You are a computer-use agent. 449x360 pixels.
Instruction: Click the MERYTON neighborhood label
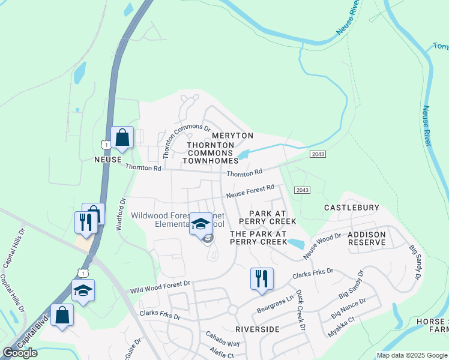click(x=233, y=136)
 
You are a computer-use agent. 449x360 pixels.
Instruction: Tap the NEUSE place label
click(x=109, y=160)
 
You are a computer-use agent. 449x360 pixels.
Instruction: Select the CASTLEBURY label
click(x=352, y=208)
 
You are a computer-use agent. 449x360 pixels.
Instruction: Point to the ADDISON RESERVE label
click(x=367, y=238)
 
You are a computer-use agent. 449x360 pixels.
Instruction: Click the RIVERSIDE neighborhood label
click(x=258, y=329)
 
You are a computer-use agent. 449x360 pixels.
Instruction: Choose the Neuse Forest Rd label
click(x=250, y=191)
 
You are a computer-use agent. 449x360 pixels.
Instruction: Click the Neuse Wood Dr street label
click(x=322, y=247)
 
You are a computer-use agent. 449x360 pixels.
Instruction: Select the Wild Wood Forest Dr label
click(x=160, y=286)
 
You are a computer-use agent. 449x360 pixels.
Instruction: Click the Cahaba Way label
click(x=223, y=339)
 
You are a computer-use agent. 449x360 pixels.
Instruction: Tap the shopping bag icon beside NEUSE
click(x=122, y=137)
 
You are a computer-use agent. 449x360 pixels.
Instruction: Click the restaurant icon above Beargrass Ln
click(x=262, y=278)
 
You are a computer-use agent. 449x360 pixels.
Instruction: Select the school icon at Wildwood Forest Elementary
click(x=200, y=224)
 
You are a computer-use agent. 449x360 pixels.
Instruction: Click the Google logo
click(x=20, y=353)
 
